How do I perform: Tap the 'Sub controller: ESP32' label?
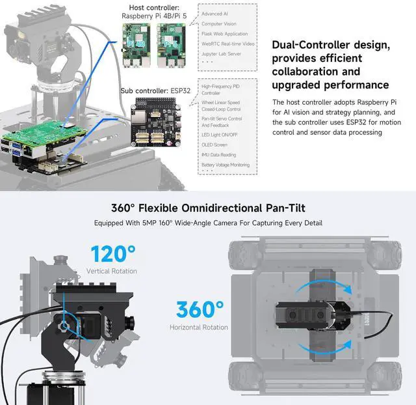pyautogui.click(x=157, y=92)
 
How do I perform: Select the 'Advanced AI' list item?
pyautogui.click(x=215, y=14)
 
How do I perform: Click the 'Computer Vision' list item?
pyautogui.click(x=219, y=24)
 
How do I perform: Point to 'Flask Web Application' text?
pyautogui.click(x=224, y=34)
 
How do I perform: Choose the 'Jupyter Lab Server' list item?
pyautogui.click(x=222, y=53)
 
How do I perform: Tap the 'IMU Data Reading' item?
pyautogui.click(x=219, y=154)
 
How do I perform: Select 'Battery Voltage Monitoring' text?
pyautogui.click(x=226, y=165)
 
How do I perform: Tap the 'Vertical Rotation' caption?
pyautogui.click(x=112, y=271)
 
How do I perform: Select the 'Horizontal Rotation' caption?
pyautogui.click(x=199, y=327)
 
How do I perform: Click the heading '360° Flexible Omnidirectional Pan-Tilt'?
pyautogui.click(x=207, y=208)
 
